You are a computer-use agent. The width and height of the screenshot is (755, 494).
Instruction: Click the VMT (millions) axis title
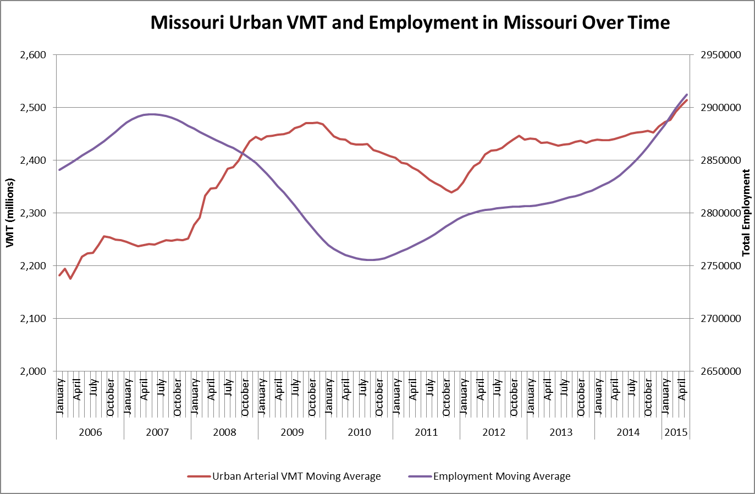coord(10,213)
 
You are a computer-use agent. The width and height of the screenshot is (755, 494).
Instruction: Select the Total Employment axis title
coord(746,213)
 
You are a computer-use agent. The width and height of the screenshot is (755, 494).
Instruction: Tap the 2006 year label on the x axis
coord(90,432)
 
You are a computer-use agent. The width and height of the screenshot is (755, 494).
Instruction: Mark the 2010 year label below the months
coord(359,432)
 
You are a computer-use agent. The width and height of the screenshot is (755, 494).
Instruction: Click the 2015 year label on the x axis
coord(676,432)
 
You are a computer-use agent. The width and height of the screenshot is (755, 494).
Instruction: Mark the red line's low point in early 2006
coord(70,279)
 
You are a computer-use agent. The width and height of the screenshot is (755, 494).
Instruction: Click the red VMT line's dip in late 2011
coord(451,192)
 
